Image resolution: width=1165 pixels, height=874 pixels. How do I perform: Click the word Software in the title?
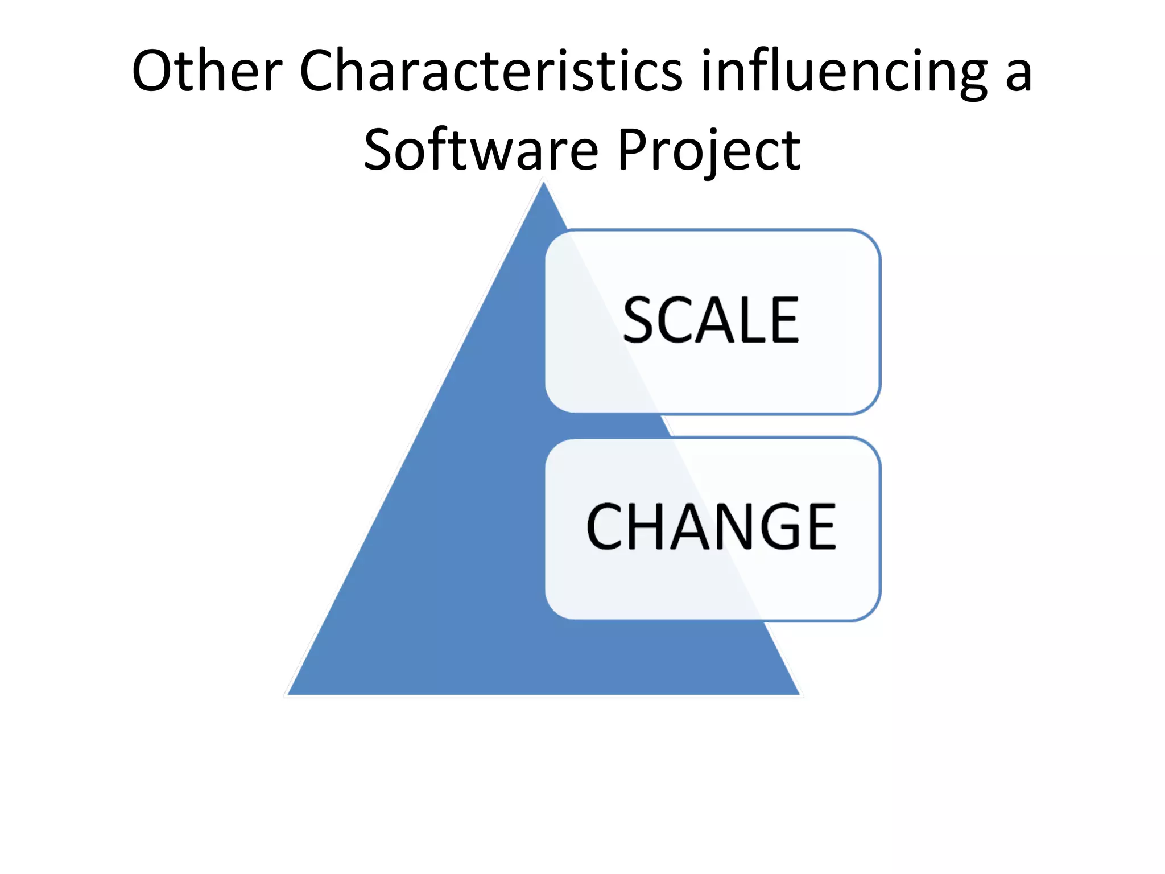[481, 150]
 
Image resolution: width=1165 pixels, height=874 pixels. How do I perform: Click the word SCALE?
[711, 320]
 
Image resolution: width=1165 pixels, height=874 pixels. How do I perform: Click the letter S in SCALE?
[641, 320]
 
